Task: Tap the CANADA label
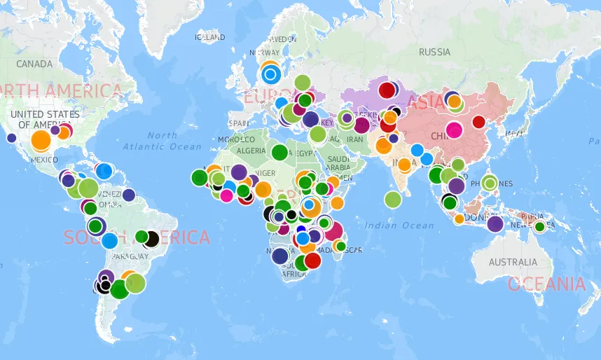[x=34, y=64]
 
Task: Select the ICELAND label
[x=210, y=37]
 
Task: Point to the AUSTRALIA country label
[x=513, y=262]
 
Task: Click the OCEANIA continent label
[x=546, y=284]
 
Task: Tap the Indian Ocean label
[x=399, y=225]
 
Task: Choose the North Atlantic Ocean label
[x=162, y=141]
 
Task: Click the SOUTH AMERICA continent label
[x=137, y=237]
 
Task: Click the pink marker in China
[x=454, y=130]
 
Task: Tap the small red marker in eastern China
[x=478, y=122]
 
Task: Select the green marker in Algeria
[x=279, y=151]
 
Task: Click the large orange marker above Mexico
[x=41, y=140]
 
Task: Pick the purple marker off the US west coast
[x=11, y=138]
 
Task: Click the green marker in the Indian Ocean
[x=393, y=200]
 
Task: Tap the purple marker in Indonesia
[x=495, y=224]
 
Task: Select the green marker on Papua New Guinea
[x=539, y=226]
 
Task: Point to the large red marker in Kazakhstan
[x=386, y=90]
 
